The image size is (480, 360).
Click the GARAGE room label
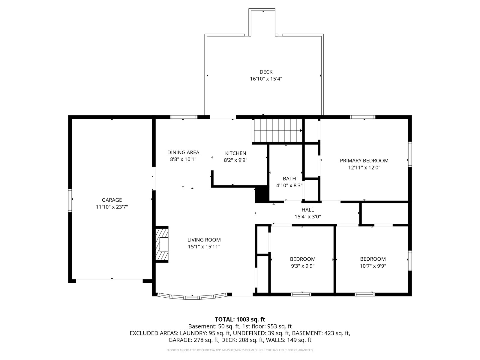pyautogui.click(x=112, y=200)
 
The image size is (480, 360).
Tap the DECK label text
pyautogui.click(x=266, y=72)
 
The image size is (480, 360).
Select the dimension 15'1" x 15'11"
pyautogui.click(x=204, y=247)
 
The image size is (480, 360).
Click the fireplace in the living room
pyautogui.click(x=162, y=244)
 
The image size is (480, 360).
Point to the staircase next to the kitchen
pyautogui.click(x=277, y=130)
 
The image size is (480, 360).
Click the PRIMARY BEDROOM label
pyautogui.click(x=364, y=161)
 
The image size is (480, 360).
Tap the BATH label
pyautogui.click(x=289, y=178)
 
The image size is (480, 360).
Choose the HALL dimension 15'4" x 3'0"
pyautogui.click(x=308, y=217)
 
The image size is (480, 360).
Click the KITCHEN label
pyautogui.click(x=235, y=153)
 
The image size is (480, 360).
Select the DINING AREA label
pyautogui.click(x=183, y=152)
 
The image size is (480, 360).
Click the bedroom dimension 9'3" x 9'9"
pyautogui.click(x=303, y=266)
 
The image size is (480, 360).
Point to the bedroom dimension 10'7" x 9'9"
pyautogui.click(x=373, y=266)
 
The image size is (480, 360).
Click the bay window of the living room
pyautogui.click(x=192, y=297)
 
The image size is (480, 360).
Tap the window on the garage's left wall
pyautogui.click(x=70, y=200)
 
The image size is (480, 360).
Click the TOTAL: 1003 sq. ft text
pyautogui.click(x=240, y=319)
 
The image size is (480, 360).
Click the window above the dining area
pyautogui.click(x=184, y=117)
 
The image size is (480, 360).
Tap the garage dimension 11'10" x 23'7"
pyautogui.click(x=112, y=207)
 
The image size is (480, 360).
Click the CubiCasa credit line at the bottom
pyautogui.click(x=240, y=350)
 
